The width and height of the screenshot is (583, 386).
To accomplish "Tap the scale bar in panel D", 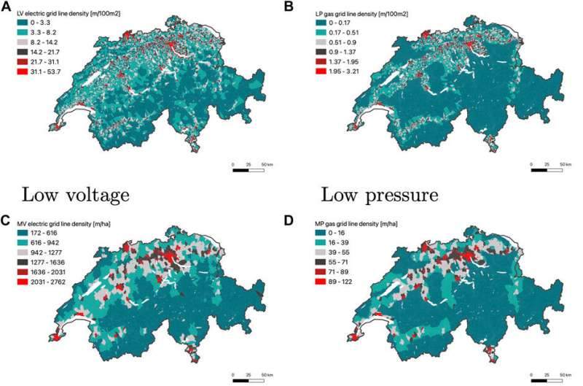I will click(547, 380).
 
